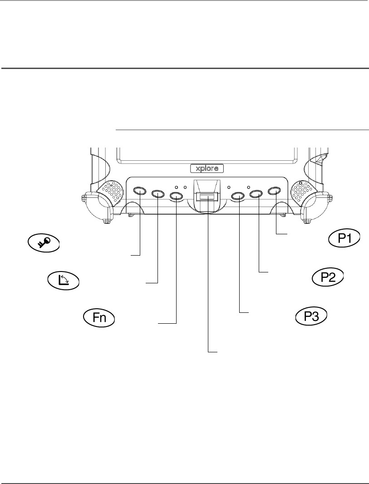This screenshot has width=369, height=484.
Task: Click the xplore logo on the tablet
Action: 207,168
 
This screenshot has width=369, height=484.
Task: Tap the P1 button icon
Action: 344,238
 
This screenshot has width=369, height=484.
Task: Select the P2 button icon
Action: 327,278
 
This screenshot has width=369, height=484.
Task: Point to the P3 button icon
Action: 312,316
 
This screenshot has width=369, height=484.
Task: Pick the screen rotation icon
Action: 63,281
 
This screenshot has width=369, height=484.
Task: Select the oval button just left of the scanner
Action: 176,196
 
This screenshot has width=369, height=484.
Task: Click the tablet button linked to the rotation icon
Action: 157,194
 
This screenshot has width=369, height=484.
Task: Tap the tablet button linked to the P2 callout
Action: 256,194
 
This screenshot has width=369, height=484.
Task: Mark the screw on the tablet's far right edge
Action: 330,198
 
